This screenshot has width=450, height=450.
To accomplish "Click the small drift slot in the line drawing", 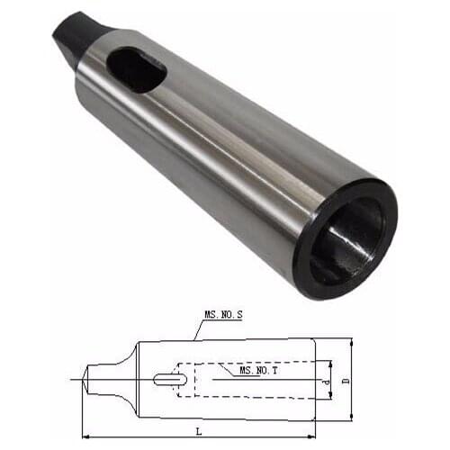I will [x=166, y=379].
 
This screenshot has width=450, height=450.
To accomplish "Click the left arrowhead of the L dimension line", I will [x=86, y=437].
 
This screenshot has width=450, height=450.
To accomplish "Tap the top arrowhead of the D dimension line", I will [x=351, y=344].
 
